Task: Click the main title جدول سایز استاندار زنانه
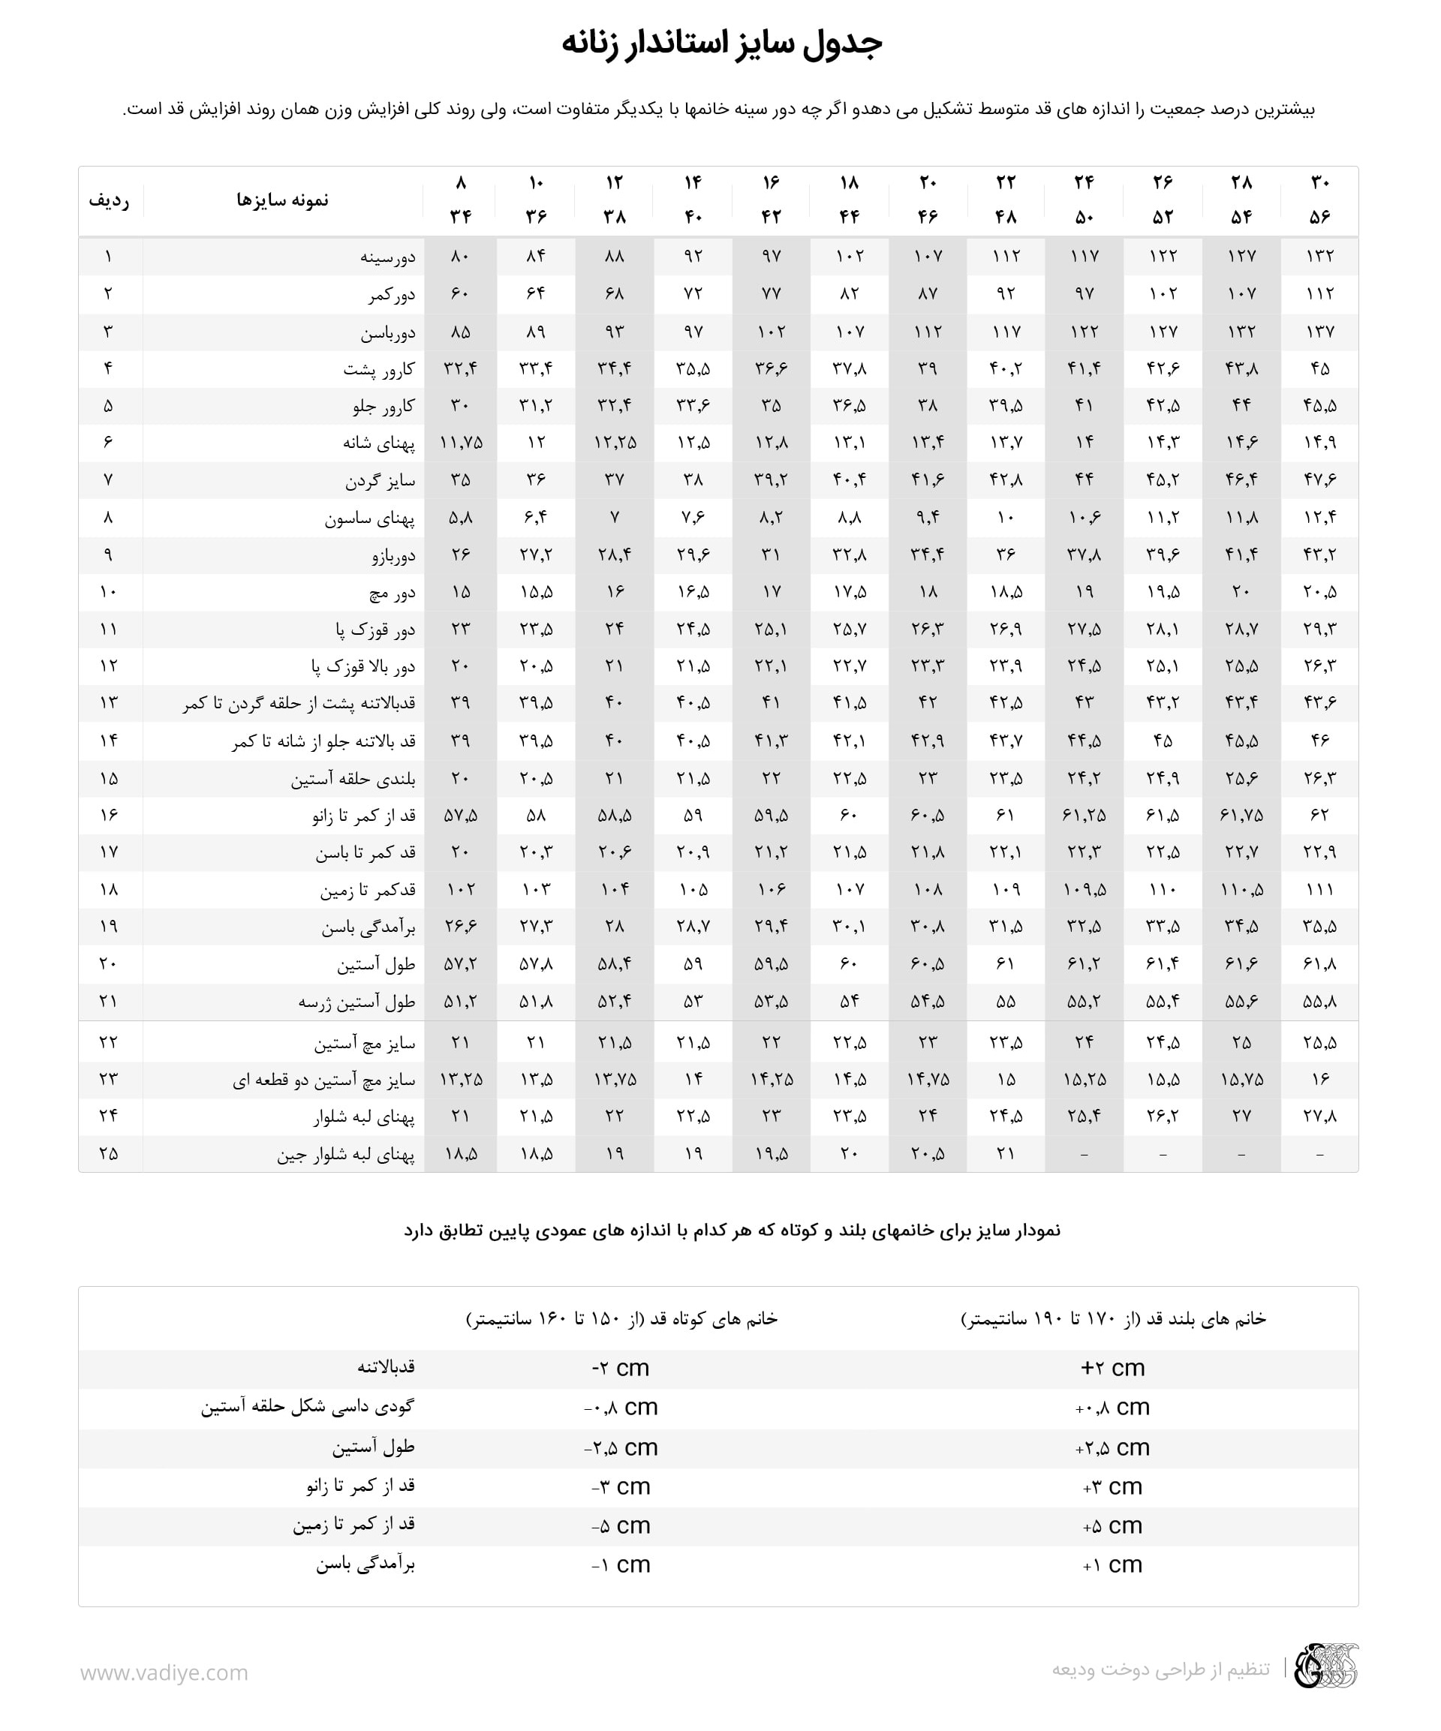(721, 43)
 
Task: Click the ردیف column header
(109, 200)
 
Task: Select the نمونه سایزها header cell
(282, 200)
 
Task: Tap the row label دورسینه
(387, 257)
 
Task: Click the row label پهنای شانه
(378, 443)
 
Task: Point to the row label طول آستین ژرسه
(356, 1002)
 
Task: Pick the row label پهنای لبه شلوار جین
(345, 1155)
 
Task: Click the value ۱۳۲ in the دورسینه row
(1320, 257)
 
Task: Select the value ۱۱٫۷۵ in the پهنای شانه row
(461, 443)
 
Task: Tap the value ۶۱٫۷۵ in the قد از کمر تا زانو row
(1241, 815)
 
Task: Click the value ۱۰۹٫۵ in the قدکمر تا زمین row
(1084, 889)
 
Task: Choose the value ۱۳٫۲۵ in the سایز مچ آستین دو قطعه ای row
(461, 1079)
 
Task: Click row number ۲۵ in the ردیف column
(109, 1154)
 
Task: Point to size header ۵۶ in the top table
(1320, 217)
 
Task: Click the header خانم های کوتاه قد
(622, 1319)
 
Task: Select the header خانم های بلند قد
(1113, 1319)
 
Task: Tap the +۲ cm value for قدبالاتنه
(1113, 1368)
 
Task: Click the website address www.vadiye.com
(164, 1672)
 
